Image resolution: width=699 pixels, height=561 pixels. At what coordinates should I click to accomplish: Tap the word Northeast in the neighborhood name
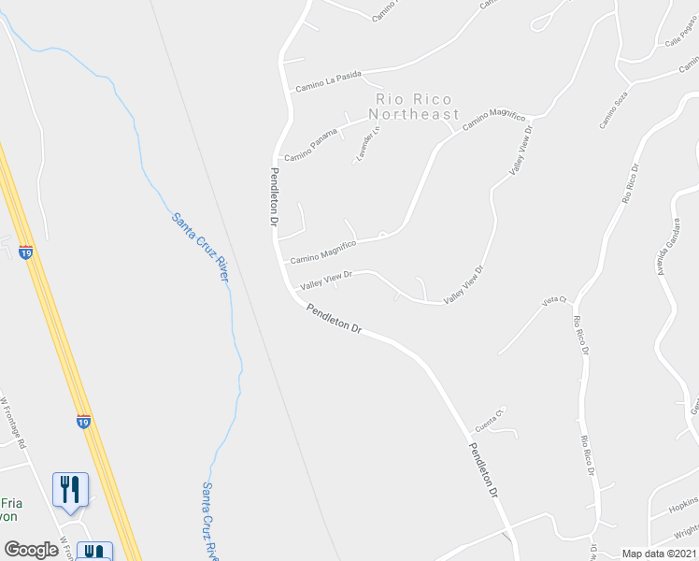tap(418, 115)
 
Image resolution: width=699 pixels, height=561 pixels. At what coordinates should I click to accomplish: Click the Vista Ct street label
tap(554, 300)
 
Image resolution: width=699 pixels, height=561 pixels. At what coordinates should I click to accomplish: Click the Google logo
tap(31, 550)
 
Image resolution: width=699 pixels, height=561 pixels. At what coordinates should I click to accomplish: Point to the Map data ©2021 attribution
tap(660, 554)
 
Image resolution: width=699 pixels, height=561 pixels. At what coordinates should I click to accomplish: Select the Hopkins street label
tap(683, 505)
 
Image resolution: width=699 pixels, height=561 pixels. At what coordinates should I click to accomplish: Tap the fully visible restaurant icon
tap(71, 490)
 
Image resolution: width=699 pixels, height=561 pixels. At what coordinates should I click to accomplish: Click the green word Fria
tap(11, 502)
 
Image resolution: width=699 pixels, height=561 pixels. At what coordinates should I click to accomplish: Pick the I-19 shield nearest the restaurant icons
tap(84, 423)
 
